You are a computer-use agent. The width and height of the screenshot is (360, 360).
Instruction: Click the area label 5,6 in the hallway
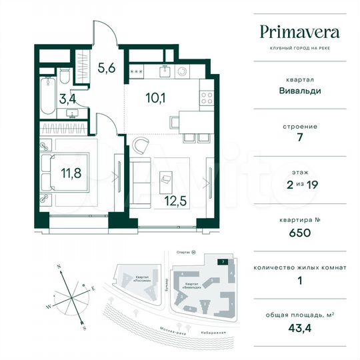click(107, 67)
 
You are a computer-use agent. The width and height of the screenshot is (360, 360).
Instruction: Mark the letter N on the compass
click(59, 265)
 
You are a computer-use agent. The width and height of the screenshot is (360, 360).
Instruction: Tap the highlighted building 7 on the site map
click(221, 262)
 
